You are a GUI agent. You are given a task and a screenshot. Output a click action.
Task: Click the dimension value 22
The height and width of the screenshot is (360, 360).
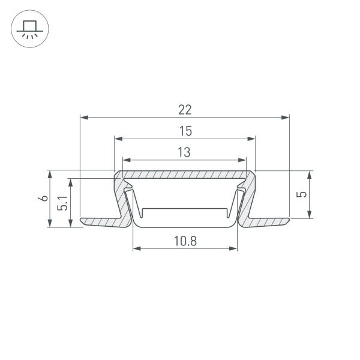tap(185, 109)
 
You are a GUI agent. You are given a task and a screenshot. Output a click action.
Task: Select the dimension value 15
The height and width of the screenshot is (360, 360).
tap(185, 131)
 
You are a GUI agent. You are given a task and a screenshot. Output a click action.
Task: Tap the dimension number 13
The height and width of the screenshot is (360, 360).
tap(184, 152)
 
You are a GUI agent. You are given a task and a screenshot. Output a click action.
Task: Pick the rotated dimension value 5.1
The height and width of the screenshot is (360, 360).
tap(62, 204)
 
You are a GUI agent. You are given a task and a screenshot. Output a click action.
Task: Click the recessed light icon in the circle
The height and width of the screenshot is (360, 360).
tap(29, 29)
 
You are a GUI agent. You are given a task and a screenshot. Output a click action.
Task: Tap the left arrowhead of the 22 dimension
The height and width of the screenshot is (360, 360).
tap(83, 117)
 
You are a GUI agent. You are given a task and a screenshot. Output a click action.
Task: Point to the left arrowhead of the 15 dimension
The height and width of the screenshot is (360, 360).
tap(118, 139)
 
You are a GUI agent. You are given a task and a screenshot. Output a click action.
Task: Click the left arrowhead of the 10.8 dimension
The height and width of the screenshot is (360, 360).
tap(136, 248)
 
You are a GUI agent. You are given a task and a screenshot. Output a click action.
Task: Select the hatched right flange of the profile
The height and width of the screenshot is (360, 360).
tap(267, 222)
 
